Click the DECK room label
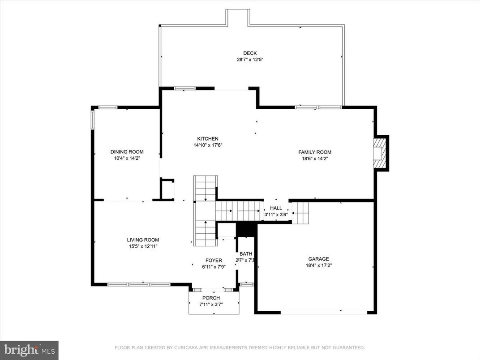250,53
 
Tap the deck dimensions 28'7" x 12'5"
250,59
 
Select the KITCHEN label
208,139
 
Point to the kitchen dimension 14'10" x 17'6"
208,145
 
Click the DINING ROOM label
127,152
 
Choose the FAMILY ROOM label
315,152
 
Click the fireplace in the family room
380,153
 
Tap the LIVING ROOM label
143,240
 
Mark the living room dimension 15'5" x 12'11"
143,246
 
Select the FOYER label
214,261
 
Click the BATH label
245,254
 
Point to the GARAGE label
318,259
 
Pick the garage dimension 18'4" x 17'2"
318,265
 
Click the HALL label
276,208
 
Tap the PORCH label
211,298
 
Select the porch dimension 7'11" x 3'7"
211,304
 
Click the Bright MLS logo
29,349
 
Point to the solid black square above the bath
245,229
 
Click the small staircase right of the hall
300,213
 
